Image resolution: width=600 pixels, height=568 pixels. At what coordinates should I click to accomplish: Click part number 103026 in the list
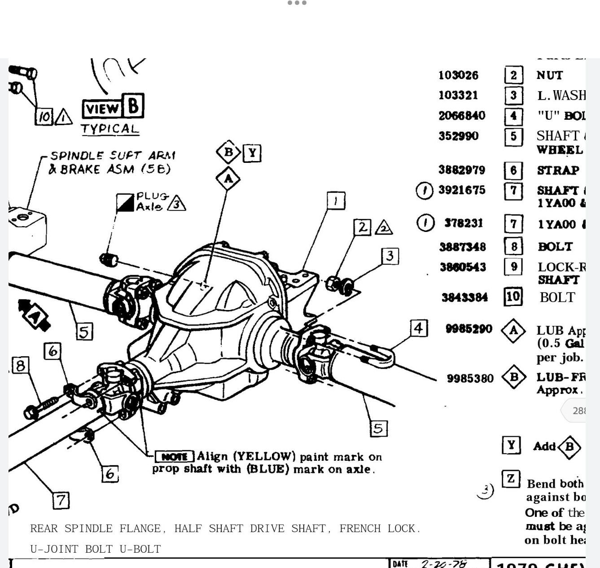tap(458, 75)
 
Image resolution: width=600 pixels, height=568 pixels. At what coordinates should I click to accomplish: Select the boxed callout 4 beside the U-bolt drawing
tap(418, 328)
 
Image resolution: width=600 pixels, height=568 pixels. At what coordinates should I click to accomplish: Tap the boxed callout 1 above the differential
tap(336, 201)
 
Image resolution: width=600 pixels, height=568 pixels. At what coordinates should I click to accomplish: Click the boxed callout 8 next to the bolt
tap(20, 365)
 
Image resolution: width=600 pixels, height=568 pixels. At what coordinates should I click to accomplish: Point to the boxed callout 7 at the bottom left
tap(61, 500)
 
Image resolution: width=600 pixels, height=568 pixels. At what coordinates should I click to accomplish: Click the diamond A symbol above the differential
tap(228, 179)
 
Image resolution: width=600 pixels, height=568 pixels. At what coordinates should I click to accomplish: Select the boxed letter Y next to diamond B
tap(252, 153)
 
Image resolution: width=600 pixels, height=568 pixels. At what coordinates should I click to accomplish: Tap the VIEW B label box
tap(113, 107)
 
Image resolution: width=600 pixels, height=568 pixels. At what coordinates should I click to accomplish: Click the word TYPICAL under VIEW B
tap(110, 129)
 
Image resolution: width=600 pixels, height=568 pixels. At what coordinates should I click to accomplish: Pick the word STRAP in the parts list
tap(558, 170)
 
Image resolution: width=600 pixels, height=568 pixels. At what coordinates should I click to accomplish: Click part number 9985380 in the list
tap(470, 378)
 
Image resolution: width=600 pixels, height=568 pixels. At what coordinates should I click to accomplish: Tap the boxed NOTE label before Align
tap(174, 457)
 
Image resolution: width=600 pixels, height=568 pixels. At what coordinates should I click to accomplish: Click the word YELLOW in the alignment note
tap(265, 456)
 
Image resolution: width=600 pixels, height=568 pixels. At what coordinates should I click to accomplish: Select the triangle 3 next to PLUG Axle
tap(177, 204)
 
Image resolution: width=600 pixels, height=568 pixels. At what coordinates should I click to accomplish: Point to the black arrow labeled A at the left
tap(34, 315)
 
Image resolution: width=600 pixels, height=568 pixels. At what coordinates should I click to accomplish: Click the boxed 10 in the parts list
tap(513, 297)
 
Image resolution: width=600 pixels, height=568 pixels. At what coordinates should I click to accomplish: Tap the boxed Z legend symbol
tap(511, 479)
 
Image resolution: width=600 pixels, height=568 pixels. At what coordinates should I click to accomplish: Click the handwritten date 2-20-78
tap(443, 564)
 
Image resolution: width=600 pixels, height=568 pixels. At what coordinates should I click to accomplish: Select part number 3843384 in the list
tap(464, 297)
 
